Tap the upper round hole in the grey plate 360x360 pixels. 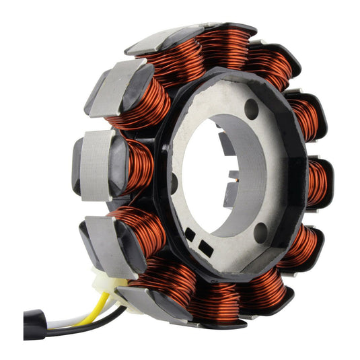(x=252, y=108)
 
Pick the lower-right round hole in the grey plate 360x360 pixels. (x=260, y=232)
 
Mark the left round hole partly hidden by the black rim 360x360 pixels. (x=174, y=180)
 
